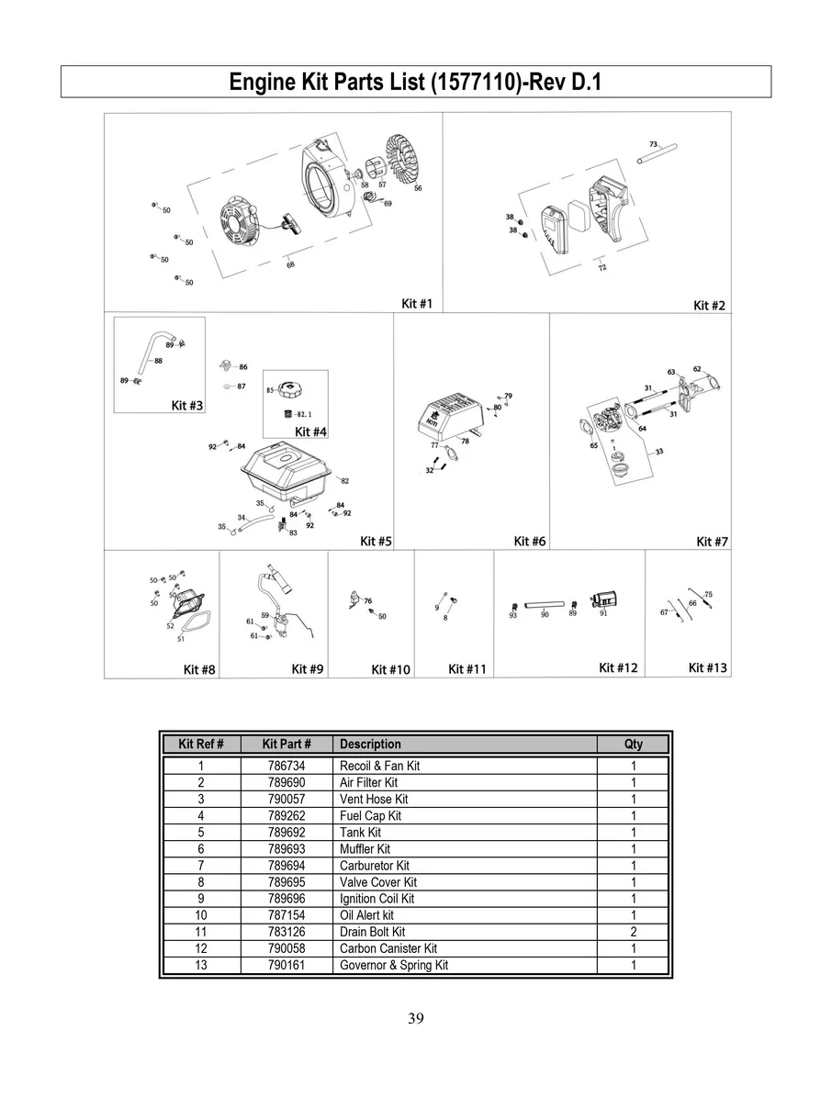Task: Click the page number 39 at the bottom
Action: click(415, 1017)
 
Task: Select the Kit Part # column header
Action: click(286, 744)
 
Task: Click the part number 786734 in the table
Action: click(286, 766)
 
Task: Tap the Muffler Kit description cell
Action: click(365, 849)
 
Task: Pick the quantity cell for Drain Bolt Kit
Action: click(634, 932)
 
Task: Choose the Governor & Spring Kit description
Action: click(394, 965)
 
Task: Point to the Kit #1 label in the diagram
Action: click(417, 303)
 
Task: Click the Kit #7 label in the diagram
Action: click(712, 542)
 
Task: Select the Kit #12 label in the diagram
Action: click(618, 667)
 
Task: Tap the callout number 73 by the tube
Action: click(653, 144)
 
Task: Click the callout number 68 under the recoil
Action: click(290, 264)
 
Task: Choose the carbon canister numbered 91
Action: click(603, 599)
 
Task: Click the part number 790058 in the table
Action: click(286, 948)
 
